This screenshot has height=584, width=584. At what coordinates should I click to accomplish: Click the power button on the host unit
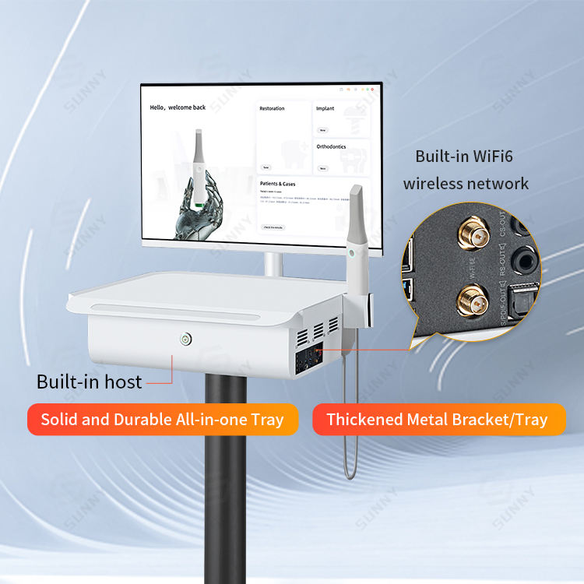coord(185,339)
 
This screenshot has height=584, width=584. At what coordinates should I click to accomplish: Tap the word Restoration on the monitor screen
coord(273,109)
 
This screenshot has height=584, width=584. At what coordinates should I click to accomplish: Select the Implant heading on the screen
coord(325,109)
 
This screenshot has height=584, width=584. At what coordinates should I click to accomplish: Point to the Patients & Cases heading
coord(278,185)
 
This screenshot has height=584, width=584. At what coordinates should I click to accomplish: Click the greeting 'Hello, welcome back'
coord(178,107)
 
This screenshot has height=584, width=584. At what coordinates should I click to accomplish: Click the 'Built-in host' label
coord(90,382)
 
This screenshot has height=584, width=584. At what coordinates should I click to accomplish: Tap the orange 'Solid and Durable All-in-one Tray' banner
coord(162,420)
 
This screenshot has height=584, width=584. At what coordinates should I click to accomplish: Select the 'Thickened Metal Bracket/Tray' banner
coord(437,420)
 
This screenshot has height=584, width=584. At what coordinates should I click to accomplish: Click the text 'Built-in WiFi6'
coord(464,156)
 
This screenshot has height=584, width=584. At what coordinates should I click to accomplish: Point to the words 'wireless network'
coord(466,184)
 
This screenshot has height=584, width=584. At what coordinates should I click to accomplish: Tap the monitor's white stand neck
coord(272,263)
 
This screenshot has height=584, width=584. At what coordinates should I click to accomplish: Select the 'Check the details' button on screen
coord(273,227)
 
